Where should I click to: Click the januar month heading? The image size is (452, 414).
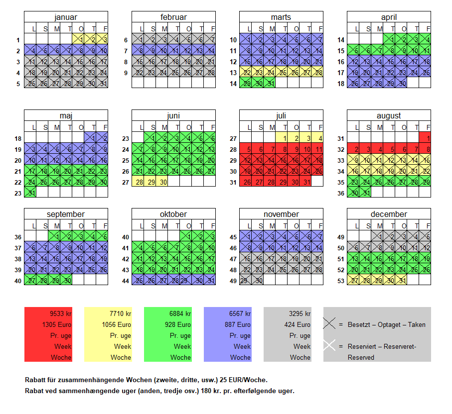click(x=66, y=17)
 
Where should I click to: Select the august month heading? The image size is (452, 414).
click(x=389, y=116)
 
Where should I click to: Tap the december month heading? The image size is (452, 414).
click(x=389, y=214)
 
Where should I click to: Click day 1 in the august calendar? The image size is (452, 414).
click(x=425, y=137)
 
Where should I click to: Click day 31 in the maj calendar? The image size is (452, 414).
click(x=30, y=193)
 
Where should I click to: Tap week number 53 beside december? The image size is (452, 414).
click(x=340, y=280)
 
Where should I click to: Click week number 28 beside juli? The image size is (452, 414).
click(x=233, y=149)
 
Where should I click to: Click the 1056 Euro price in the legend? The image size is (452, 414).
click(x=119, y=324)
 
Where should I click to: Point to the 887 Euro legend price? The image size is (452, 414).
click(x=239, y=324)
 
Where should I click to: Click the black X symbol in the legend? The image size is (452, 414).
click(x=329, y=324)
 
